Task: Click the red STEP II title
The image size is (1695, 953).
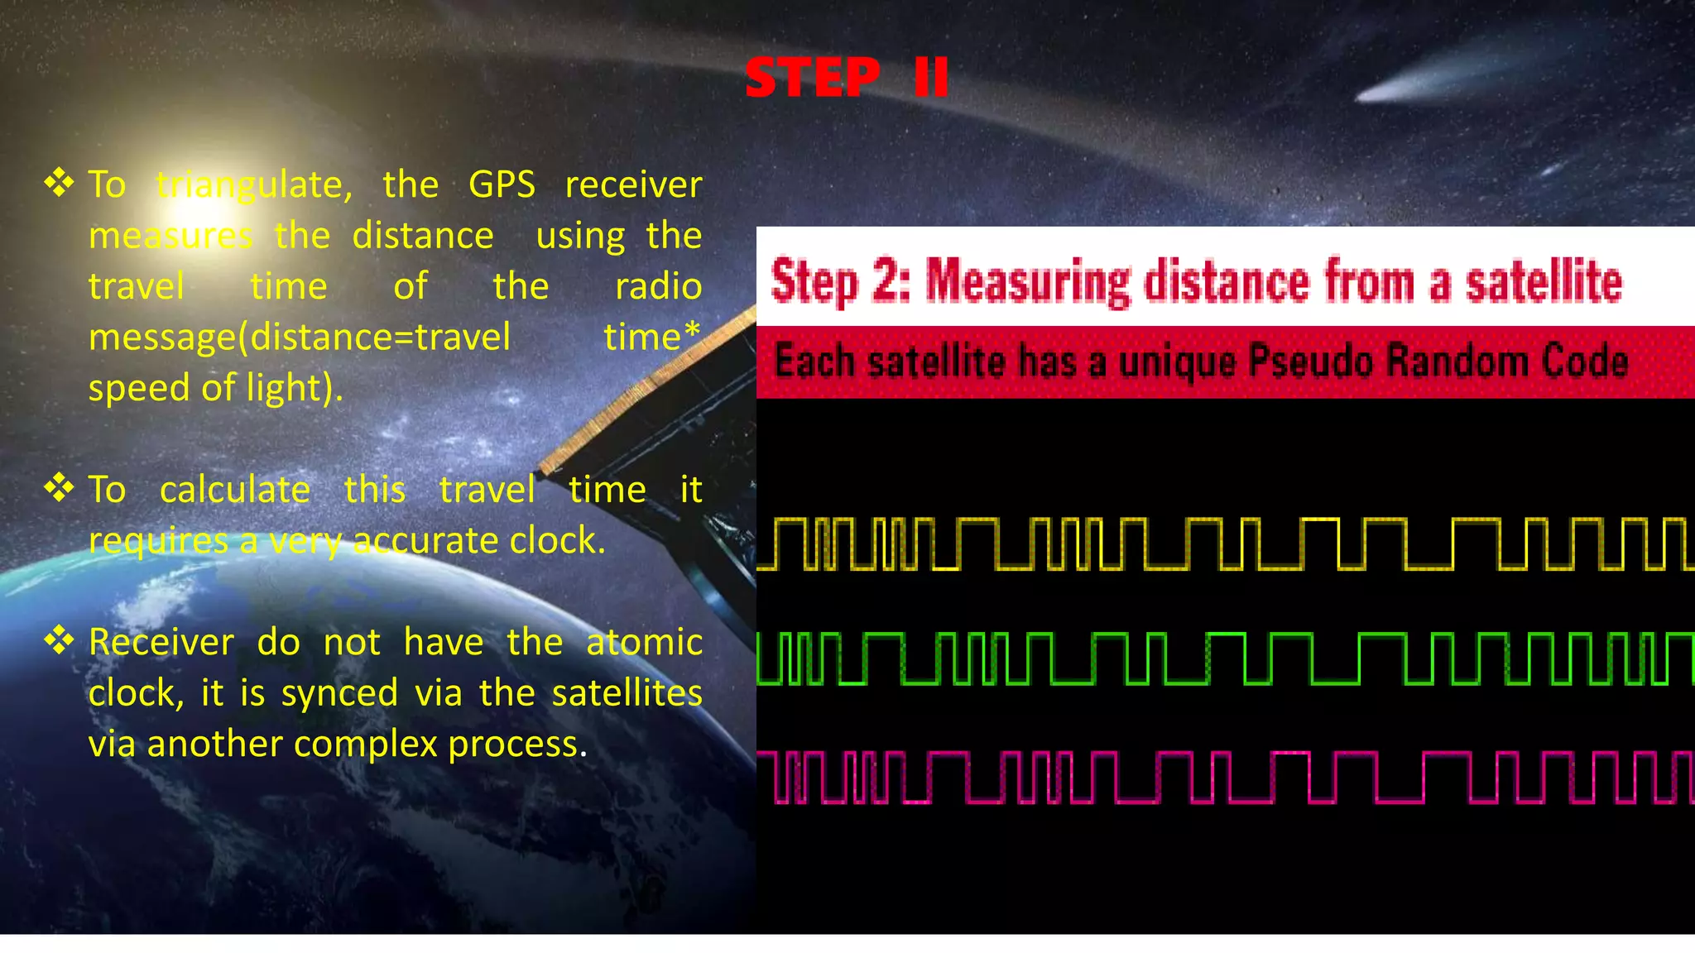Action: tap(846, 78)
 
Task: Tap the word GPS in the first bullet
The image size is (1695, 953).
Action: tap(502, 184)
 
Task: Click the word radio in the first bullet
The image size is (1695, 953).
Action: tap(658, 287)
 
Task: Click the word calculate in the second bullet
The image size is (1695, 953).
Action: tap(235, 490)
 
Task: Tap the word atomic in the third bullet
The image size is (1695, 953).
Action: tap(644, 643)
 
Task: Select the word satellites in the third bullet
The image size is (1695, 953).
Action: tap(627, 693)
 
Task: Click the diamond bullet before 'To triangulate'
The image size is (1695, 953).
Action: tap(59, 182)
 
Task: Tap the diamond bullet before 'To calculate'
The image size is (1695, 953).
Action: tap(59, 487)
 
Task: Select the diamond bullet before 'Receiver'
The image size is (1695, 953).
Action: tap(59, 639)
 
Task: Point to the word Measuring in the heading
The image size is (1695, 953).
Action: tap(1027, 281)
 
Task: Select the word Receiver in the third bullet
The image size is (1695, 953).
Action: tap(161, 643)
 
